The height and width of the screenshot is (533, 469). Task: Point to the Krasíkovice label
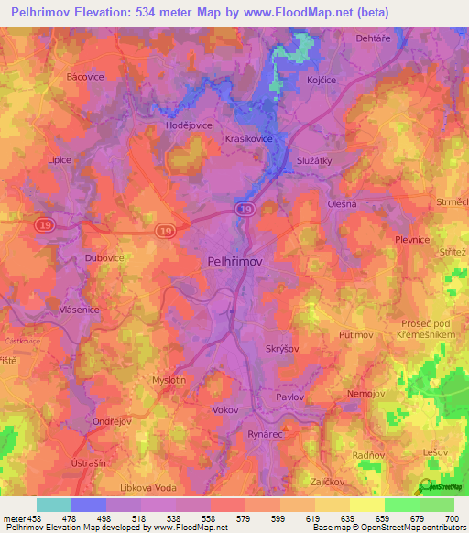[248, 138]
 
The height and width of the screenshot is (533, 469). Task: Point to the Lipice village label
[60, 159]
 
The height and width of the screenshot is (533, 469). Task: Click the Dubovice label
[104, 258]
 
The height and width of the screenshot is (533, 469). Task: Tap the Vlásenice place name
[79, 310]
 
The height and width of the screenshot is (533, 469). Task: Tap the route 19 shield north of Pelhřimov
[244, 210]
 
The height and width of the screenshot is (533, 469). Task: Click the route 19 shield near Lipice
[43, 223]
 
